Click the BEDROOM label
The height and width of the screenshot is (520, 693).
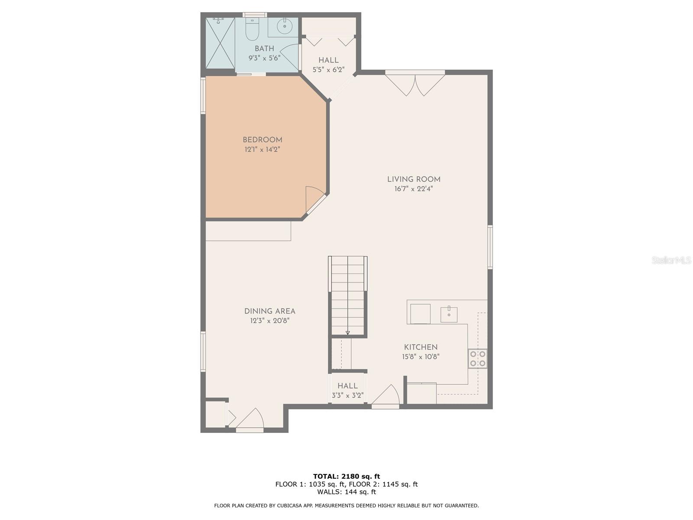262,140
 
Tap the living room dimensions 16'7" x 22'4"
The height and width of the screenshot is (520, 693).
413,189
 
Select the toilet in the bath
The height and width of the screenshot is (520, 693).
252,29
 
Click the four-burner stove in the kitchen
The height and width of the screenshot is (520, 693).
477,359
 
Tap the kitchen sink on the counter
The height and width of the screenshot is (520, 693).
449,314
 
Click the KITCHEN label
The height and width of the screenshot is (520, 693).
421,347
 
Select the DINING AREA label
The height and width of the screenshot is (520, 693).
270,311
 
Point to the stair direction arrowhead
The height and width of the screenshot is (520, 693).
348,333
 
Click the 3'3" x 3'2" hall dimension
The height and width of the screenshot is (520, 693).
347,395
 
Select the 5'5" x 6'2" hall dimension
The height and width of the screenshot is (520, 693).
328,70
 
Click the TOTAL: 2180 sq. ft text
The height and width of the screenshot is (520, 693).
346,476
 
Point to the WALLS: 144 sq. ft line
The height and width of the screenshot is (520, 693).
346,491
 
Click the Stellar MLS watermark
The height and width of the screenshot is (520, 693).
671,260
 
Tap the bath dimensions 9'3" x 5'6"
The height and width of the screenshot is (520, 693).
264,58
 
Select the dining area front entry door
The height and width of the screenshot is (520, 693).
249,420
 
